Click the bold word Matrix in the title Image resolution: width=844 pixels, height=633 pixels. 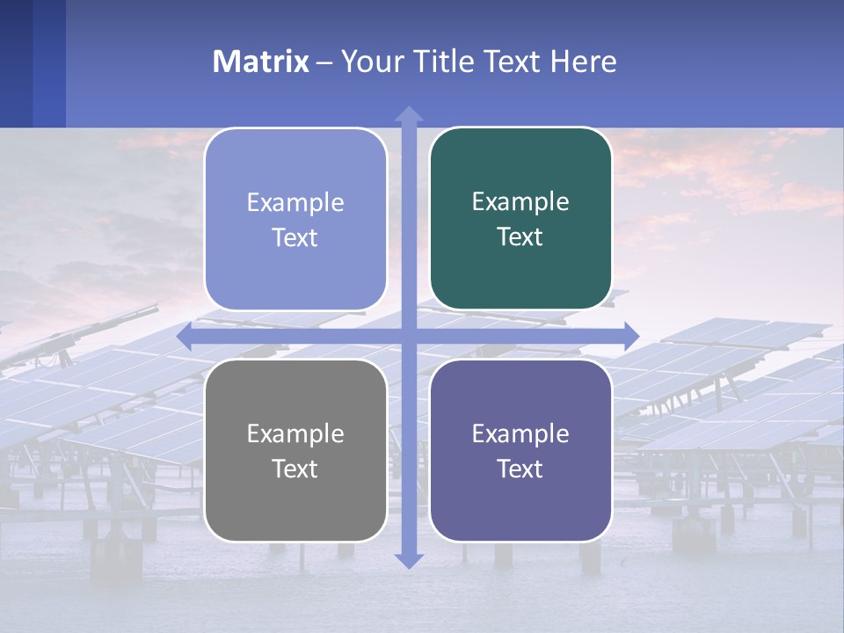(x=261, y=62)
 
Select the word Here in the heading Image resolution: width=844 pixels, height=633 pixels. (x=584, y=62)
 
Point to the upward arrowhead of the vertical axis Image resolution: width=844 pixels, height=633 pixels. (x=409, y=113)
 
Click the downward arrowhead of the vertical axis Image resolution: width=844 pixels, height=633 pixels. (x=409, y=560)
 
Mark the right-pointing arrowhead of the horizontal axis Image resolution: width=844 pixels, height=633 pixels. (x=630, y=336)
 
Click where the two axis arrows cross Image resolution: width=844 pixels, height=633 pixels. (x=409, y=336)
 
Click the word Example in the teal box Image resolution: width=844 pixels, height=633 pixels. (x=520, y=201)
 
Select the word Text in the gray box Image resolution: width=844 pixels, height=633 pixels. (x=295, y=469)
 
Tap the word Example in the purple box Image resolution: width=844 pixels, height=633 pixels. (x=520, y=433)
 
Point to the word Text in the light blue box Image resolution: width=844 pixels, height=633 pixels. (x=295, y=237)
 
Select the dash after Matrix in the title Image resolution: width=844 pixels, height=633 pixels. (x=324, y=62)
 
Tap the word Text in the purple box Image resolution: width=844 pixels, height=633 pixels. (x=520, y=469)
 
